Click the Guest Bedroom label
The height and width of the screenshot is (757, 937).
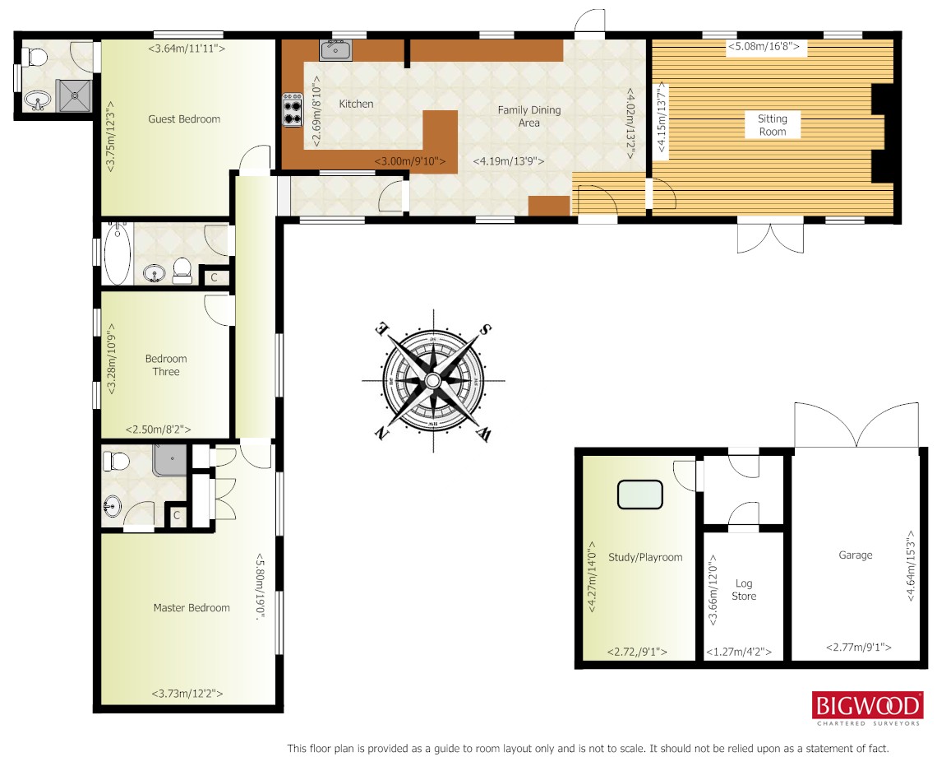click(x=184, y=119)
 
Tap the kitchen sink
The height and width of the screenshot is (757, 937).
click(x=335, y=49)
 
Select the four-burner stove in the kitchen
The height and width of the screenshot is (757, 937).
click(x=293, y=109)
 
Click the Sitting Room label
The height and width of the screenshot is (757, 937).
click(x=772, y=125)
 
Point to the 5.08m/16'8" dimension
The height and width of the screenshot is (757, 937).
click(x=763, y=46)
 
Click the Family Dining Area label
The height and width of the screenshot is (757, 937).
click(x=529, y=116)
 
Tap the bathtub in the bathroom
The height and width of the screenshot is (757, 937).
click(x=117, y=253)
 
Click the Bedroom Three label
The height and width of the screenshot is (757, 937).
click(x=165, y=365)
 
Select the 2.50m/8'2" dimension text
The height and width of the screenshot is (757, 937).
click(x=159, y=429)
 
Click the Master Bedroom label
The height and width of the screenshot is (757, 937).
click(x=192, y=608)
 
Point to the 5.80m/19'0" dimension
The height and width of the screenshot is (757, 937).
click(x=260, y=585)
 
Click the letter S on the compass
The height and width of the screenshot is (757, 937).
click(x=486, y=329)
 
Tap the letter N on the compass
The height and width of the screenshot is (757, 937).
click(x=380, y=432)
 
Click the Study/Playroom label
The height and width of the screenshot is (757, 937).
click(x=644, y=557)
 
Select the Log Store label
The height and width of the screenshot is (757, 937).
click(x=744, y=589)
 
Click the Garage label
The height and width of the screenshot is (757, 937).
click(x=855, y=555)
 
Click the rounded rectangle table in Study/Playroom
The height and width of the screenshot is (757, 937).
click(x=640, y=495)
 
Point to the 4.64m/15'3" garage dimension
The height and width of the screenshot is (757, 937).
click(x=911, y=565)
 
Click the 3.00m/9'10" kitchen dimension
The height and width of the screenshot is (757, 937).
click(x=410, y=161)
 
